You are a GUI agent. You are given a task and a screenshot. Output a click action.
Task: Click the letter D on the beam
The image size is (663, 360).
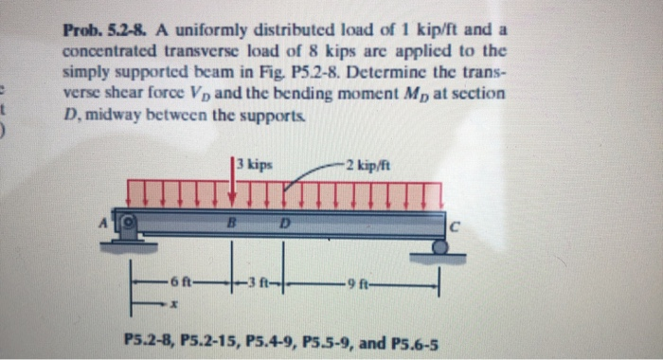click(283, 224)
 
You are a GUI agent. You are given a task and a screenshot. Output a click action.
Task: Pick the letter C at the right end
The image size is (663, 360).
click(454, 226)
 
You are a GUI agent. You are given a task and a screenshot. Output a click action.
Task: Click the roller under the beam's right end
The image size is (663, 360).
click(439, 246)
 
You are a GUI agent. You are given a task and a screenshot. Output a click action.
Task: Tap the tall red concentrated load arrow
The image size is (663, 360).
click(233, 180)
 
